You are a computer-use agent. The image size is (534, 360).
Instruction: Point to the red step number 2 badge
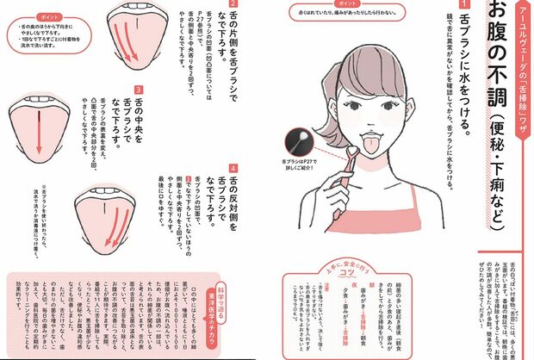(x=233, y=6)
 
